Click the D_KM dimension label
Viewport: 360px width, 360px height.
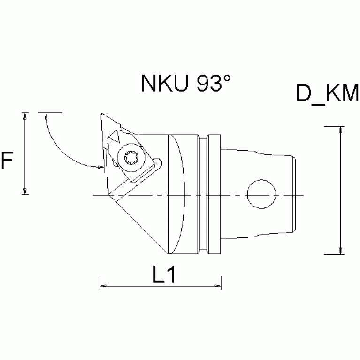click(327, 93)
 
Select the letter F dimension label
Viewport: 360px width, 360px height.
click(7, 161)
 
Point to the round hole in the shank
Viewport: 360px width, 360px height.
click(261, 194)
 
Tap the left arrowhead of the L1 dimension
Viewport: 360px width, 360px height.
click(103, 285)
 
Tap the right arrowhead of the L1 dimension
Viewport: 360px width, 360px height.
click(218, 285)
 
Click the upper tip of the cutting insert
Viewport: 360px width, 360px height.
click(102, 115)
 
